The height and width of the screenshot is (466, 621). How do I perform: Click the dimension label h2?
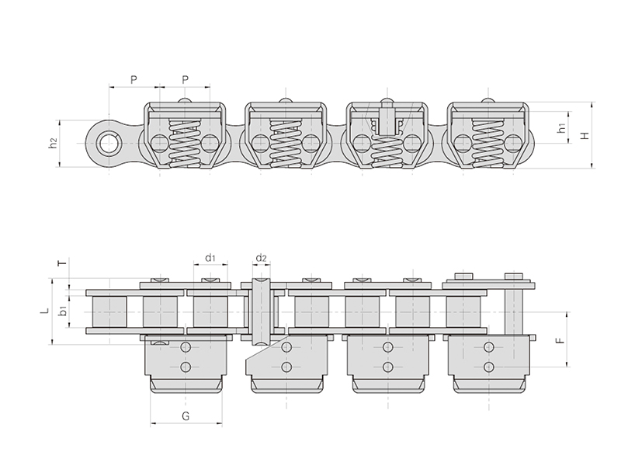[x=53, y=143]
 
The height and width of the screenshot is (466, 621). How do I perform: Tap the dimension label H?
[x=585, y=135]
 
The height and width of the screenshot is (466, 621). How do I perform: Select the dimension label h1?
[x=561, y=128]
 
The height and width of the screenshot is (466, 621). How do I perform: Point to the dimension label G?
[x=186, y=416]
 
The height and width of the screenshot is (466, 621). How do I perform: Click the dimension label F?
[x=560, y=340]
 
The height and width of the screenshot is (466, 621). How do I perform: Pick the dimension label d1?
[x=210, y=258]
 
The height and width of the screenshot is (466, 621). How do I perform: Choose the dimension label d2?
[x=261, y=259]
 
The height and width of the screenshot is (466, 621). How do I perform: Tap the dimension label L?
[x=46, y=310]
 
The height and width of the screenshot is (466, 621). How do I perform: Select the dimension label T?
[x=63, y=263]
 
